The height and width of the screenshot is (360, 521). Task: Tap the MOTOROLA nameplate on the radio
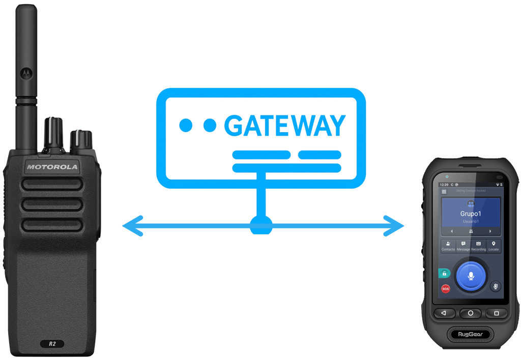click(x=52, y=167)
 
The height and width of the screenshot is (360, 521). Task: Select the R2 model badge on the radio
click(x=52, y=344)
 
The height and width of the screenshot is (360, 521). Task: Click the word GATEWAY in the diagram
click(x=285, y=126)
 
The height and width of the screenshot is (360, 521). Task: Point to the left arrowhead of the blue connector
click(x=130, y=226)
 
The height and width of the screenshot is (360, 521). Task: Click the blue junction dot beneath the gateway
click(x=261, y=225)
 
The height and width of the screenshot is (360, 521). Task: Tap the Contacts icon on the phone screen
click(x=448, y=246)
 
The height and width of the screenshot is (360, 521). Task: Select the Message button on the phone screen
click(x=464, y=246)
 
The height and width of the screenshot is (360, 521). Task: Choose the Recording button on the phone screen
click(x=478, y=246)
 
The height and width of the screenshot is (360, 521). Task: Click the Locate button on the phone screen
click(x=494, y=246)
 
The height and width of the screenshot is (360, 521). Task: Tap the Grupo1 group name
click(x=471, y=214)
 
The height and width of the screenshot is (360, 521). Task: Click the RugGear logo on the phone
click(x=471, y=335)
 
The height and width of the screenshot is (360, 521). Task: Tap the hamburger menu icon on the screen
click(x=444, y=192)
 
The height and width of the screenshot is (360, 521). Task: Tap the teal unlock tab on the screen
click(x=444, y=273)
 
